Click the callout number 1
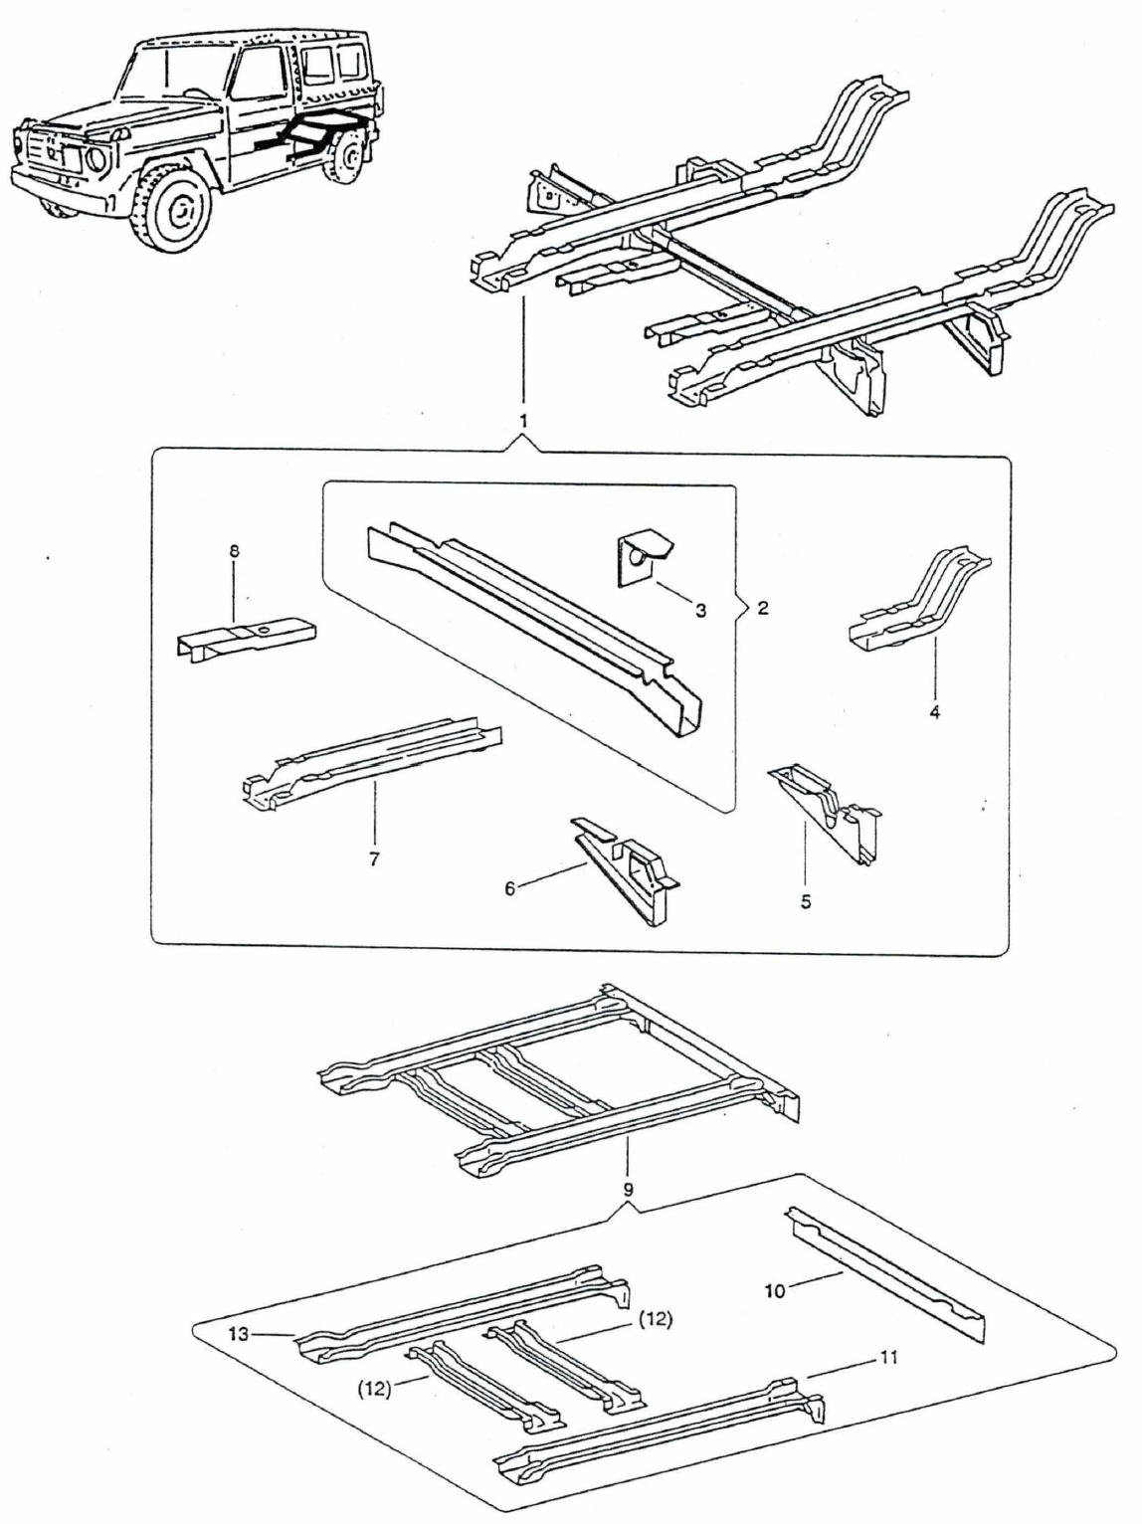coord(523,422)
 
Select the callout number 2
coord(762,608)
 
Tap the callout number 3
coord(700,610)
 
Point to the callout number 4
coord(935,712)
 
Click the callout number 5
coord(806,901)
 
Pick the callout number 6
coord(510,888)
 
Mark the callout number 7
coord(374,858)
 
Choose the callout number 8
coord(235,550)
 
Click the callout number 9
coord(628,1188)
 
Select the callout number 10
coord(775,1290)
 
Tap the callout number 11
coord(888,1357)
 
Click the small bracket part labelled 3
coord(642,563)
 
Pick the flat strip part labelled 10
coord(885,1273)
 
